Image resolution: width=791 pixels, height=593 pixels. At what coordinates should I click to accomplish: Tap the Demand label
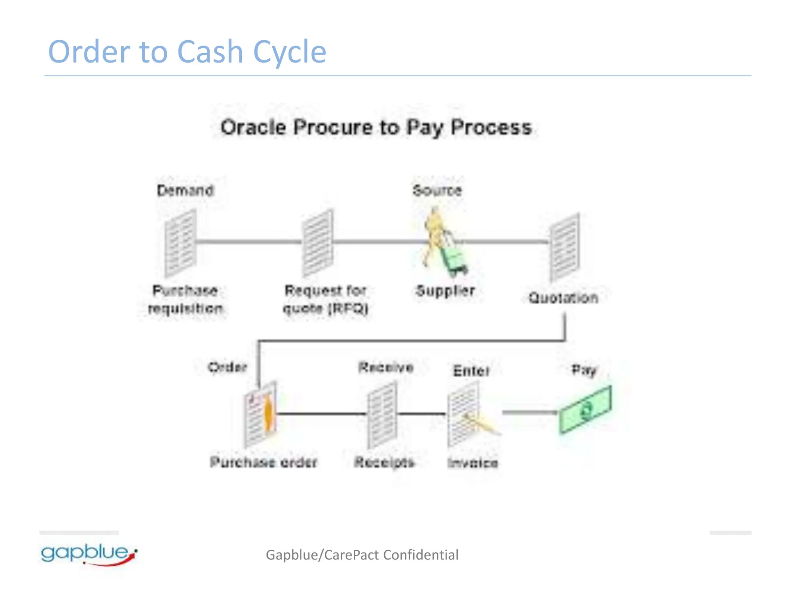point(185,190)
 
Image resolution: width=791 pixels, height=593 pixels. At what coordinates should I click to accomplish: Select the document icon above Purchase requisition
point(180,243)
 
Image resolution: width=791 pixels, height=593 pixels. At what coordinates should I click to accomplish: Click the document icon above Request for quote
point(317,243)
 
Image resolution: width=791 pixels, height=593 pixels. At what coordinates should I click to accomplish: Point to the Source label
point(437,190)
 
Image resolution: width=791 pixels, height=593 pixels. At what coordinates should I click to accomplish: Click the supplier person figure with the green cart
point(444,243)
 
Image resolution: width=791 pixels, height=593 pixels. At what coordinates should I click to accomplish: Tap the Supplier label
point(445,291)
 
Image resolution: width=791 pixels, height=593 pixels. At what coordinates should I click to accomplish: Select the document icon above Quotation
point(565,247)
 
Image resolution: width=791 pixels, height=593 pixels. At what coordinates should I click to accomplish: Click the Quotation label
point(563,298)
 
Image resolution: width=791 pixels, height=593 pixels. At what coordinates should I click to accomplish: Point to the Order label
point(227,367)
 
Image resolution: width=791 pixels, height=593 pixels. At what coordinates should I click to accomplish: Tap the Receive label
point(385,367)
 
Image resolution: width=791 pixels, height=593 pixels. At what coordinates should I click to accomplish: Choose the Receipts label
point(384,462)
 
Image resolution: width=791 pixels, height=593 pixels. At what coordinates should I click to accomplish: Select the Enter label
point(471,371)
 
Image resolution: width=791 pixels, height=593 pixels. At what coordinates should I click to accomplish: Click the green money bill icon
point(586,410)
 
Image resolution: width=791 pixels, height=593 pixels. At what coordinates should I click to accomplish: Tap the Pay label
point(584,370)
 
